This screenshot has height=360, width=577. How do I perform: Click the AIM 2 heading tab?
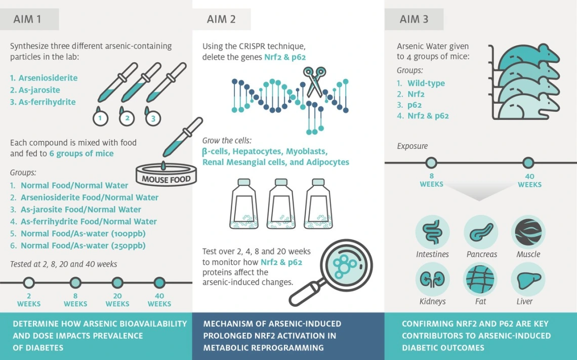click(x=221, y=19)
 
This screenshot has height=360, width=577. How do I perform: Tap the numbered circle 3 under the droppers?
click(x=153, y=118)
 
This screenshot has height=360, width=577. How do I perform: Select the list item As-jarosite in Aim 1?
click(x=35, y=90)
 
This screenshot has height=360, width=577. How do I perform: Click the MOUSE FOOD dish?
click(x=166, y=175)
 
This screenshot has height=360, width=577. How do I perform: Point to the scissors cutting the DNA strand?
click(x=314, y=82)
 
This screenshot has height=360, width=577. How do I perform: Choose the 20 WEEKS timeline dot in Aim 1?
click(x=117, y=283)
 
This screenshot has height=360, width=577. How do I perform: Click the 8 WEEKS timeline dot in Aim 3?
click(x=431, y=163)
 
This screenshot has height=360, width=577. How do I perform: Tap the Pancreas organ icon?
click(x=481, y=232)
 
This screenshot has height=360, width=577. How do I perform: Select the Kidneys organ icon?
click(x=432, y=279)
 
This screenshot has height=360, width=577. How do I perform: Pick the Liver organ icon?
click(x=528, y=279)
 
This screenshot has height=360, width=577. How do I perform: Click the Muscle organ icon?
click(x=528, y=232)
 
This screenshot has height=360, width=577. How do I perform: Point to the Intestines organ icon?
click(x=432, y=232)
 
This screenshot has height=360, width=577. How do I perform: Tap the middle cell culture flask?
click(x=281, y=204)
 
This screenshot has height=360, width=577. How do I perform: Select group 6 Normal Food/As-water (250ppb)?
click(x=77, y=246)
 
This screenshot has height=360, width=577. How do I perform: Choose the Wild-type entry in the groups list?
click(x=426, y=83)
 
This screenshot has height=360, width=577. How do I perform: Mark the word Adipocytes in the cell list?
click(x=327, y=162)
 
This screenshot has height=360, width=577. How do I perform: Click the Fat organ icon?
click(x=481, y=279)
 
